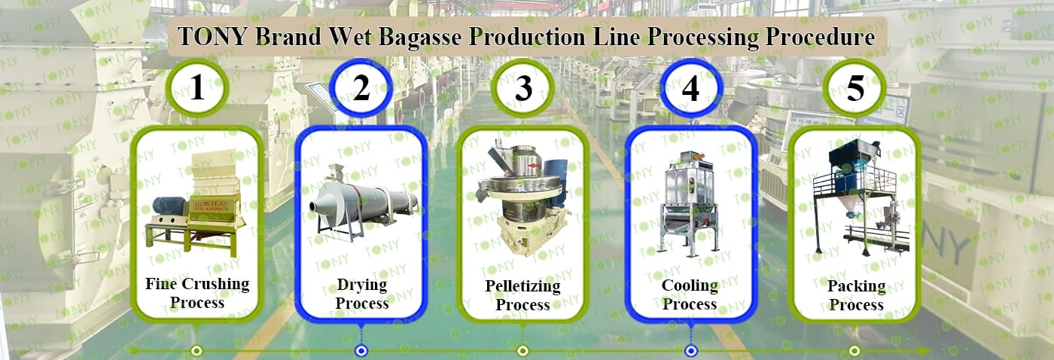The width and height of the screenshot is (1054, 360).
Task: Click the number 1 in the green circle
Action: coord(197,87)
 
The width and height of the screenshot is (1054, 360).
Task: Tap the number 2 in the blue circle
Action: coord(361,87)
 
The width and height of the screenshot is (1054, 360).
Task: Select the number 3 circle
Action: coord(523,88)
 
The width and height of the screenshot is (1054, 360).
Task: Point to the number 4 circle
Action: coord(690,88)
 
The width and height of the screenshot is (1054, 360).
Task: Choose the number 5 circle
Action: coord(854,88)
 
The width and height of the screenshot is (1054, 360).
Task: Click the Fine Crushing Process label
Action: coord(197,293)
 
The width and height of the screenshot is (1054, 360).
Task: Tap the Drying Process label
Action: coord(362,294)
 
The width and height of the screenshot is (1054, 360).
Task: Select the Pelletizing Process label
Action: coord(522,295)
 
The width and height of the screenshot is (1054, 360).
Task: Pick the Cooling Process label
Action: coord(690,294)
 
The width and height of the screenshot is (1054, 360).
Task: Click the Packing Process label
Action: coord(857,295)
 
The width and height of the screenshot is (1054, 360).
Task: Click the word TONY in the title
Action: coord(212,36)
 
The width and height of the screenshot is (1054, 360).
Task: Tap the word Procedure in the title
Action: coord(820,36)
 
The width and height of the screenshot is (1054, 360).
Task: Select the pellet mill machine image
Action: coord(523,197)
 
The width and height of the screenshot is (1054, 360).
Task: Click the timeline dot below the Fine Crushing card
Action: coord(196,351)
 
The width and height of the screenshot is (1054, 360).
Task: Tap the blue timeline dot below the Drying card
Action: coord(361,351)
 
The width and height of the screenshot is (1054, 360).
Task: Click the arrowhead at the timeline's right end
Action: coord(925,351)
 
